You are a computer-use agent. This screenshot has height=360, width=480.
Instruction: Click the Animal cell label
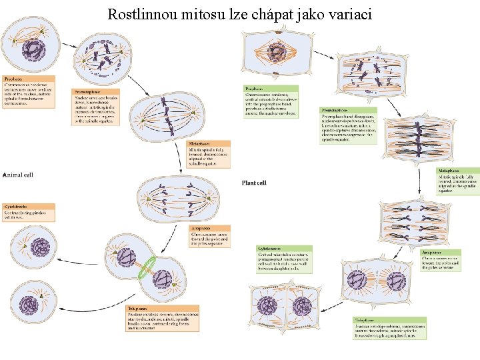[x=18, y=175]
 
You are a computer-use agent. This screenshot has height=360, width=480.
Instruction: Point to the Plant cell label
[x=253, y=183]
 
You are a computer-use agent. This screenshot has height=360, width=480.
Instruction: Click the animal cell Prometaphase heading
[x=88, y=91]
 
